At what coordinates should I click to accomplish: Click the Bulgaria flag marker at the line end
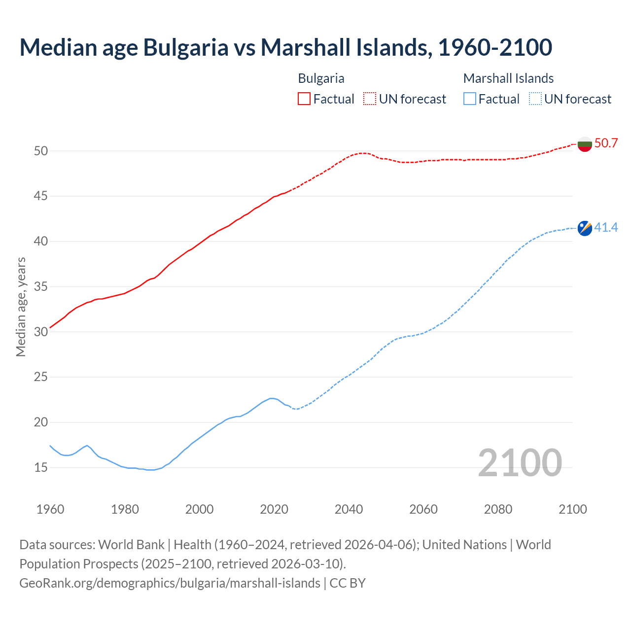click(585, 144)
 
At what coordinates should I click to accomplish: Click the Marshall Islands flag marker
click(585, 228)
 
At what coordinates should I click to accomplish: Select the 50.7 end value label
click(606, 143)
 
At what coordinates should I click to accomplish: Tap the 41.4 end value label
click(606, 228)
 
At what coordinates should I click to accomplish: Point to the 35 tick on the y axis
click(41, 287)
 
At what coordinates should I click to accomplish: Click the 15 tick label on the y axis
click(41, 467)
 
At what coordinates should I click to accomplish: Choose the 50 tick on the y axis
click(41, 151)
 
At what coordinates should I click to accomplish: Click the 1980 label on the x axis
click(125, 509)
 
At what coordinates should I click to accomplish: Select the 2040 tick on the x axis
click(349, 509)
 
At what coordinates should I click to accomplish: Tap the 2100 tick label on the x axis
click(572, 509)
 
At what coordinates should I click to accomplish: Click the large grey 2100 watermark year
click(520, 463)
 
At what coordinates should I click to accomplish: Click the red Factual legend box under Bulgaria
click(304, 99)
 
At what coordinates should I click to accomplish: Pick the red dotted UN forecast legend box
click(370, 99)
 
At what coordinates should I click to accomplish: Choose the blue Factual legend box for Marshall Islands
click(470, 99)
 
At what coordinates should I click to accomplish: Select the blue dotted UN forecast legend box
click(535, 99)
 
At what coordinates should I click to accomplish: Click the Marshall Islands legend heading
click(508, 78)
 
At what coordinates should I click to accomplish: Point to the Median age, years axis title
click(21, 307)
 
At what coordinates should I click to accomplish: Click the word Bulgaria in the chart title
click(186, 47)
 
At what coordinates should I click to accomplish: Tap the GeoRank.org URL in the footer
click(170, 583)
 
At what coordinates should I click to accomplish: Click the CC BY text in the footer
click(348, 583)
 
